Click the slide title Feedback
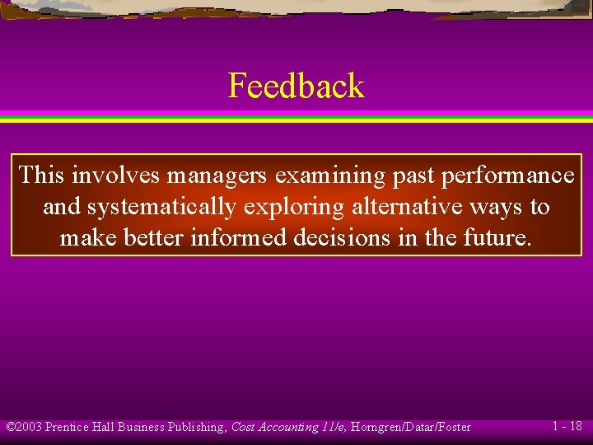pyautogui.click(x=296, y=86)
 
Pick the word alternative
pyautogui.click(x=403, y=207)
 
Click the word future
pyautogui.click(x=498, y=238)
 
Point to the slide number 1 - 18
pyautogui.click(x=567, y=426)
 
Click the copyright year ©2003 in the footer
pyautogui.click(x=24, y=427)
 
